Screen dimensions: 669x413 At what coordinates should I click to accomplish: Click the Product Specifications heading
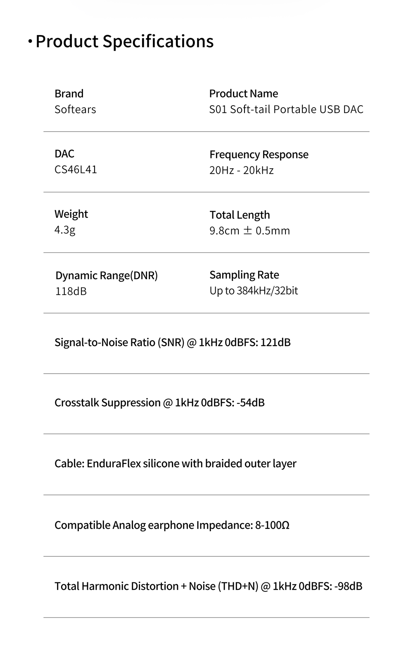pos(124,41)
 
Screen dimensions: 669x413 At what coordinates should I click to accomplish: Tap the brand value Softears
pos(75,109)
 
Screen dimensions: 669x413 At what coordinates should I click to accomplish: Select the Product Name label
pos(243,94)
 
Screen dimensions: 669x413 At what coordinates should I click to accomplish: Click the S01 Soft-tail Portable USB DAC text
pos(286,109)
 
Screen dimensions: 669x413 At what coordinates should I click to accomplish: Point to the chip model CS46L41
pos(76,170)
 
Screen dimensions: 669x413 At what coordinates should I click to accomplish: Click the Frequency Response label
pos(259,154)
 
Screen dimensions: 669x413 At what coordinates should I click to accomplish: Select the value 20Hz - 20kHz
pos(241,170)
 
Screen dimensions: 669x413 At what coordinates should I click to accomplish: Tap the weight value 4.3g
pos(65,230)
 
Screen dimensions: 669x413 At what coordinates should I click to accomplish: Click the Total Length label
pos(240,215)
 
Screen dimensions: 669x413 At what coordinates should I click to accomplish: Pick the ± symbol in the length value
pos(247,231)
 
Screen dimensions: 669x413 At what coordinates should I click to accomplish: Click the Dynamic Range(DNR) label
pos(107,276)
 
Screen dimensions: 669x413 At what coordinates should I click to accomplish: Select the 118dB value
pos(71,291)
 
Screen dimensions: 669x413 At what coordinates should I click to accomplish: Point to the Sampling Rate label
pos(244,275)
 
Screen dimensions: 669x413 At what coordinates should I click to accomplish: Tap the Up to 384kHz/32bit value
pos(254,291)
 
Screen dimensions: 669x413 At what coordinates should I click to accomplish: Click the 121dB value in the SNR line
pos(275,342)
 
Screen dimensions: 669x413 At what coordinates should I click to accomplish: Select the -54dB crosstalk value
pos(251,403)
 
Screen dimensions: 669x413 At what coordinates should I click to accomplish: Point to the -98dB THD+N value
pos(348,586)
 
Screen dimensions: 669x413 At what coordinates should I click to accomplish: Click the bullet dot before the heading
pos(30,42)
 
